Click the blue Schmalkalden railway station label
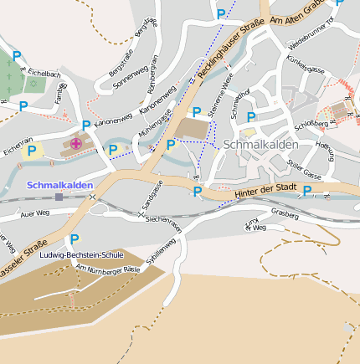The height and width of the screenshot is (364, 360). coord(59,184)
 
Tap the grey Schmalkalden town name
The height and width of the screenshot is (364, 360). coord(260,144)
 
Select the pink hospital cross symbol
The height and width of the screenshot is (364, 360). coord(76,144)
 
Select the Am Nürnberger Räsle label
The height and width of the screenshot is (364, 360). coord(107,269)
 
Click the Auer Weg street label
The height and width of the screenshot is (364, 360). coord(35,213)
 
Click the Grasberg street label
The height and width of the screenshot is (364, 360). coord(285,214)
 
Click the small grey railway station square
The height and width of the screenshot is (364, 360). coord(59,197)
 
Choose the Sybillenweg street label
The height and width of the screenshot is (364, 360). coord(160,252)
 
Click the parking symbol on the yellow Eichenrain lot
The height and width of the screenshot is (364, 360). coord(32,151)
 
